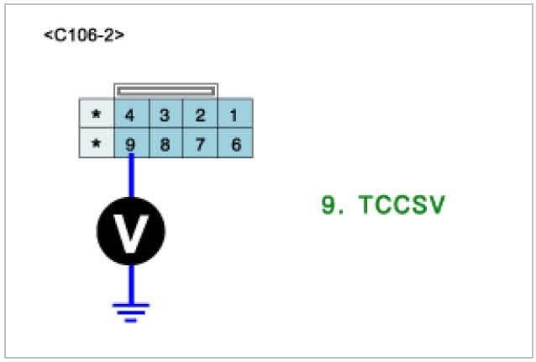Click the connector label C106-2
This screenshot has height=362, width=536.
pos(84,36)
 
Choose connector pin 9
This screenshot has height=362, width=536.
pos(130,144)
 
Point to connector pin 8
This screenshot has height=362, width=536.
pos(166,144)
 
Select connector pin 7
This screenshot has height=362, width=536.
pos(200,144)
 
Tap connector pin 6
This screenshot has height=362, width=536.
pos(235,144)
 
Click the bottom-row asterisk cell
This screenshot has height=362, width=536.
pos(96,144)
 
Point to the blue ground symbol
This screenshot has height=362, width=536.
pos(130,311)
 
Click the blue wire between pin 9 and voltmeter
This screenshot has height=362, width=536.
pos(130,177)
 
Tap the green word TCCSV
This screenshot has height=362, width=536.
pos(401,205)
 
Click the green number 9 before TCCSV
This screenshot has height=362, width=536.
pos(328,205)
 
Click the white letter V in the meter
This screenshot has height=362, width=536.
pos(130,232)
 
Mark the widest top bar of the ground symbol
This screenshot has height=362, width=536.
pos(130,305)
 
